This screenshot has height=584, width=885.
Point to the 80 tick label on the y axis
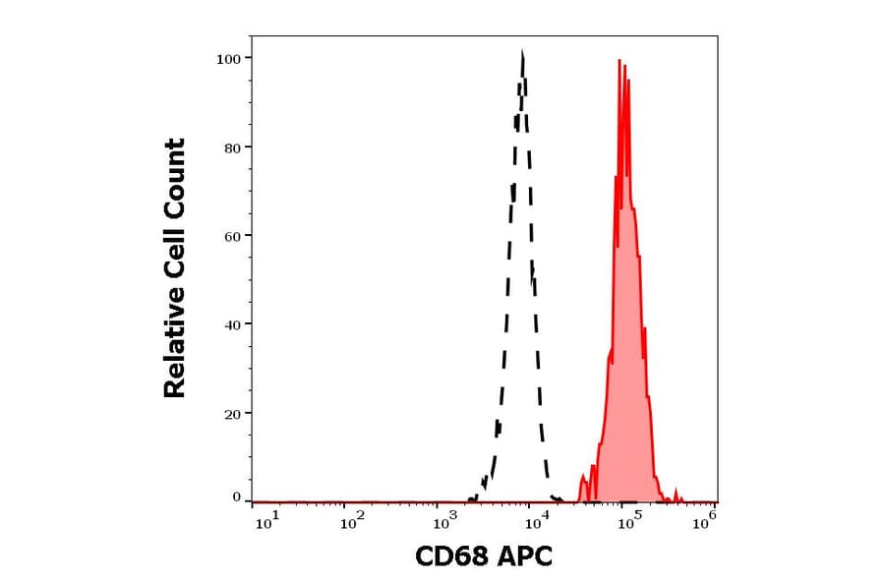click(x=233, y=147)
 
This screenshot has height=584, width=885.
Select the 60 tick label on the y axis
click(x=233, y=236)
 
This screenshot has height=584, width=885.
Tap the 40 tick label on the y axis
click(x=233, y=324)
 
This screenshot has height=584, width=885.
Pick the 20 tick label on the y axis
click(x=233, y=413)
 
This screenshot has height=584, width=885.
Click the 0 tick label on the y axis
click(x=237, y=497)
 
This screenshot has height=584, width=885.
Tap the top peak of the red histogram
click(x=620, y=61)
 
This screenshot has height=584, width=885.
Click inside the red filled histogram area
click(x=625, y=393)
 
